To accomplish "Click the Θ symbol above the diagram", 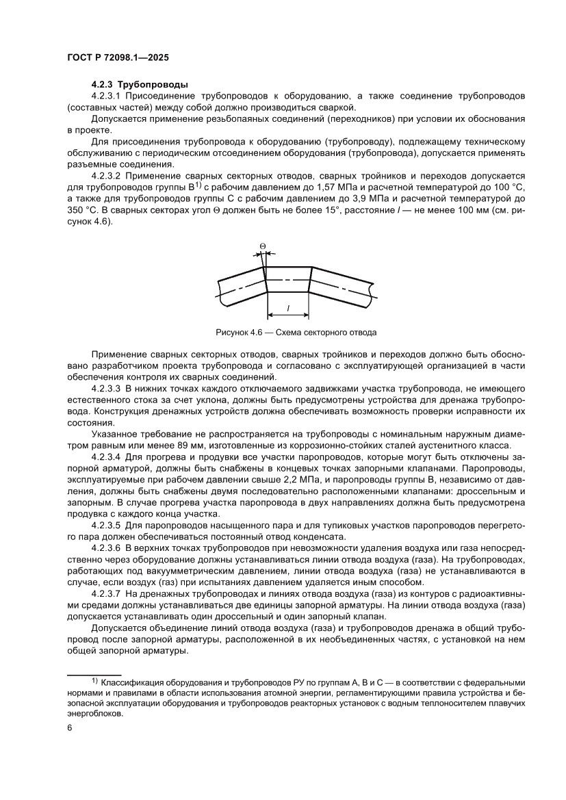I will pyautogui.click(x=263, y=244).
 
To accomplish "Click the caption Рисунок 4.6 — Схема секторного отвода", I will pyautogui.click(x=296, y=333).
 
